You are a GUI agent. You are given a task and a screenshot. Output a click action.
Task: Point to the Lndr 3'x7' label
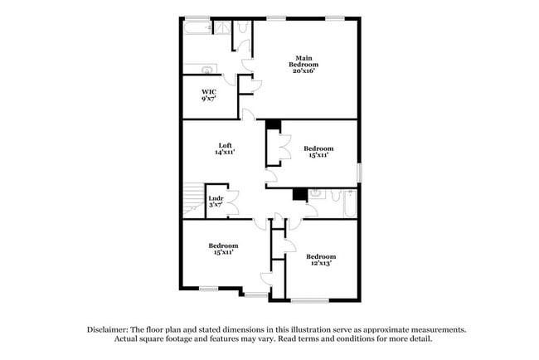(215, 202)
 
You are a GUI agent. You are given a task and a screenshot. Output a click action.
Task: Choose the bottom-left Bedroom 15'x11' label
(223, 249)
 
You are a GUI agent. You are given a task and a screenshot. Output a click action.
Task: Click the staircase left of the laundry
(192, 202)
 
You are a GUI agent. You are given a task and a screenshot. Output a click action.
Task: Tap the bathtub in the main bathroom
(197, 30)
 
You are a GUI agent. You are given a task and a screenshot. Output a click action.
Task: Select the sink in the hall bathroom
(315, 195)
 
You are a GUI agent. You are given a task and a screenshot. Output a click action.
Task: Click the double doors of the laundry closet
(233, 202)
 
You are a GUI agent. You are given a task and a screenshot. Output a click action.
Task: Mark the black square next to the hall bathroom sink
(298, 195)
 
